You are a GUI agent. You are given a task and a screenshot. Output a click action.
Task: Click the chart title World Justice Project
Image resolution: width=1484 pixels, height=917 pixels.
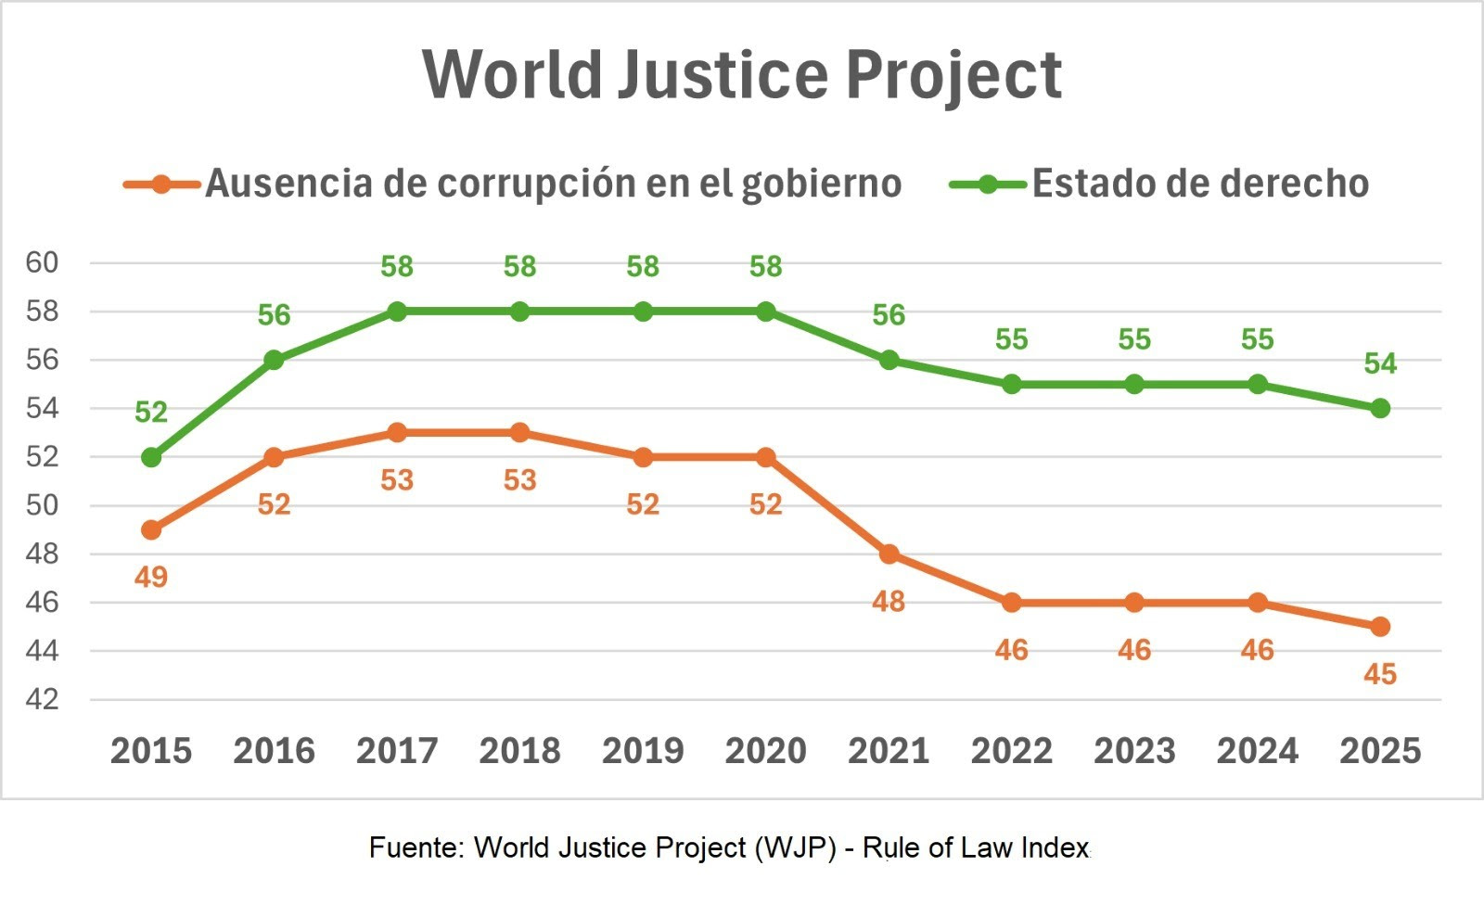[x=742, y=74]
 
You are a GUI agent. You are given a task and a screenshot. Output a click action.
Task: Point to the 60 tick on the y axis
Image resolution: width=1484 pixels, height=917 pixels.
[x=42, y=263]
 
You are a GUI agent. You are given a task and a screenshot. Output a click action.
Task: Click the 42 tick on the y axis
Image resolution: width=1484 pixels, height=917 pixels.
[x=42, y=699]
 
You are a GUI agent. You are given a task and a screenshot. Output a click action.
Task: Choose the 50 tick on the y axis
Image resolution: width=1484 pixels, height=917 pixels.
[x=42, y=505]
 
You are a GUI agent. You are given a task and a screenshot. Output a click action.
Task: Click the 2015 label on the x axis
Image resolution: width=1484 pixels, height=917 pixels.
[x=151, y=751]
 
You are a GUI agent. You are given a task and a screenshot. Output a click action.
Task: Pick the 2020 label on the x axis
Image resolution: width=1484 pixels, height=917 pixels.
[x=766, y=751]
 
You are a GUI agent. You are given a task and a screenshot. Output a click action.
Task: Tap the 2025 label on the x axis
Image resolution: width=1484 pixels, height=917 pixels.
[x=1380, y=751]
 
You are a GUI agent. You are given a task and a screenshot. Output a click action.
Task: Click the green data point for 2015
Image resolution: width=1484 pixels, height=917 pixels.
[x=151, y=457]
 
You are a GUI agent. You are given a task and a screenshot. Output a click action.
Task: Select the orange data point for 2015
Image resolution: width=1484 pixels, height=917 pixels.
[x=151, y=530]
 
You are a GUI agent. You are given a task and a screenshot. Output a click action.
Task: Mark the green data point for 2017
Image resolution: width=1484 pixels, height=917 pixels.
[x=397, y=312]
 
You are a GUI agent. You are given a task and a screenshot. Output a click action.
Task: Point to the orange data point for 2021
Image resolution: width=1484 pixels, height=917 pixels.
[x=889, y=554]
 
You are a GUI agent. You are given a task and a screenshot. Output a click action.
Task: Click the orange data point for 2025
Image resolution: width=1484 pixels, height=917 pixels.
[x=1380, y=627]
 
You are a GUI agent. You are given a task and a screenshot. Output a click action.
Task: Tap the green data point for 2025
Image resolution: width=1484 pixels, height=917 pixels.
[x=1380, y=408]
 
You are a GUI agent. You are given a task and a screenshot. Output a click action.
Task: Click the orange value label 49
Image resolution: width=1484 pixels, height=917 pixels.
[x=151, y=578]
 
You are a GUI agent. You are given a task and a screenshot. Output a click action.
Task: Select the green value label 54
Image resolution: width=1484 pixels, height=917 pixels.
[x=1380, y=363]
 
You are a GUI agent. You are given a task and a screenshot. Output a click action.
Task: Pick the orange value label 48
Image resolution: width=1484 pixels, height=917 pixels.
[x=889, y=602]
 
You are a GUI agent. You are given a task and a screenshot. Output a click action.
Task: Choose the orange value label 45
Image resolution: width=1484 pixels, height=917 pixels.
[x=1380, y=674]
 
